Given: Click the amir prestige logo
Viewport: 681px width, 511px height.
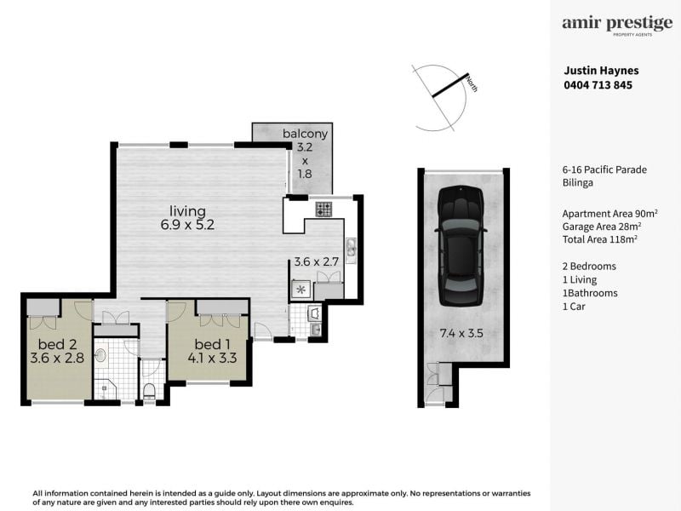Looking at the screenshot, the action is (x=617, y=26).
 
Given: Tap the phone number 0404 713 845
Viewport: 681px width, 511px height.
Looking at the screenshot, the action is (x=598, y=85).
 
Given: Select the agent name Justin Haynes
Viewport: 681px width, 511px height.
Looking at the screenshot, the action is (x=601, y=71).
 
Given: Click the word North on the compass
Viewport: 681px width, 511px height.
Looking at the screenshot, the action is (x=472, y=83).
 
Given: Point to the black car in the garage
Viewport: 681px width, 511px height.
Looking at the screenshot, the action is (x=461, y=246).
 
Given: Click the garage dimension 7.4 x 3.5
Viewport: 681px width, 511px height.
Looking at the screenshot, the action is (x=461, y=333).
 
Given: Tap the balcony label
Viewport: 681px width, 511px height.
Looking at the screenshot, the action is (x=305, y=134).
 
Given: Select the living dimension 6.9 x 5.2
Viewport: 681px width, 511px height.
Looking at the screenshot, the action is (x=187, y=225).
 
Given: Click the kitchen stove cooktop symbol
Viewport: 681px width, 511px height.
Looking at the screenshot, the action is (x=323, y=209).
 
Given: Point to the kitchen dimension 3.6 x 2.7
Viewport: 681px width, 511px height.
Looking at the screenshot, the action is (x=316, y=261).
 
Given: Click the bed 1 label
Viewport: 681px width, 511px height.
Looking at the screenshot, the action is (x=212, y=344).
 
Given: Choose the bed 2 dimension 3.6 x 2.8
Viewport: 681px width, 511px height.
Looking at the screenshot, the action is (x=57, y=358).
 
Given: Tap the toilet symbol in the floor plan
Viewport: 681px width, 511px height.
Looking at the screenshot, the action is (x=149, y=391).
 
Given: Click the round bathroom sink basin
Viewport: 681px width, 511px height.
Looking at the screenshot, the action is (x=100, y=355).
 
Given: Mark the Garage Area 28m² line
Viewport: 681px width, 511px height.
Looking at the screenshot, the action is (x=602, y=227).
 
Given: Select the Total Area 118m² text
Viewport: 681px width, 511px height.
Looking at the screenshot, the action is (x=600, y=239).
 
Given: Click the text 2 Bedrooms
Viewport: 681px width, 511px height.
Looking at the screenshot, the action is (x=589, y=267).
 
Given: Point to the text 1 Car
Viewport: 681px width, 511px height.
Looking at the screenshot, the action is (x=574, y=307).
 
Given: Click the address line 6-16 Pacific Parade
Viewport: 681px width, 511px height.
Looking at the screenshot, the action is (x=604, y=169).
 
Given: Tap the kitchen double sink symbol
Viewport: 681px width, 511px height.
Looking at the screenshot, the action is (x=351, y=248).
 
